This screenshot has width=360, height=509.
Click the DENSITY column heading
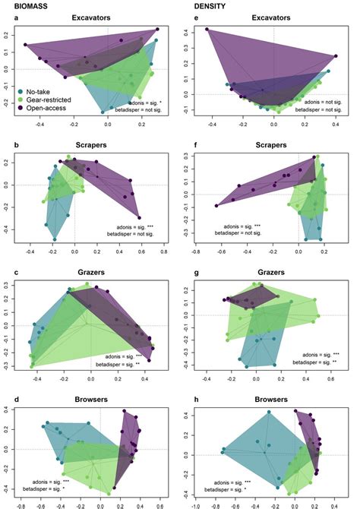coord(204,5)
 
